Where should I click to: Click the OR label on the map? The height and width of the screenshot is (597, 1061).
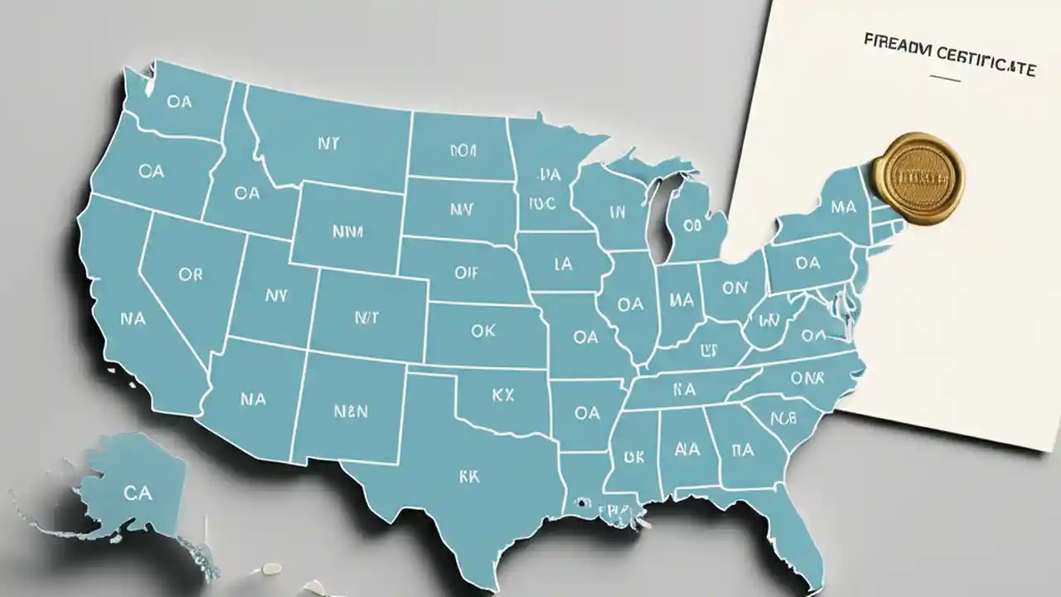point(190,274)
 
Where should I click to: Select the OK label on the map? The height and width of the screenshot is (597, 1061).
point(483,331)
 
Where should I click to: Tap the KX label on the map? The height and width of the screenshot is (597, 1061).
point(502,396)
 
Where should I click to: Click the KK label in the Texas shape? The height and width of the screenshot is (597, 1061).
point(469,477)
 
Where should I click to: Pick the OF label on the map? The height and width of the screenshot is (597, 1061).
point(467,270)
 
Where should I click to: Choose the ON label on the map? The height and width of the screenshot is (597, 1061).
point(734,288)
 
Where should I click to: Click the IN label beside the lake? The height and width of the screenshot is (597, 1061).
point(617,212)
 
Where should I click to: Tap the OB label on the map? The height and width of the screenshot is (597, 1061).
point(692,225)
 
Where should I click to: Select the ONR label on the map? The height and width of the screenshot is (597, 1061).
point(807,377)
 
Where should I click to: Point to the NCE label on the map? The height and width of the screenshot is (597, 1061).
point(783,417)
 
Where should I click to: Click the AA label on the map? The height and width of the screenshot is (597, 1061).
point(687,449)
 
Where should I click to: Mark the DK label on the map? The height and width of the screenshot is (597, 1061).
point(634,456)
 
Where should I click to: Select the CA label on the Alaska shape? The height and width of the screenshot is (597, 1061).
point(137,493)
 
